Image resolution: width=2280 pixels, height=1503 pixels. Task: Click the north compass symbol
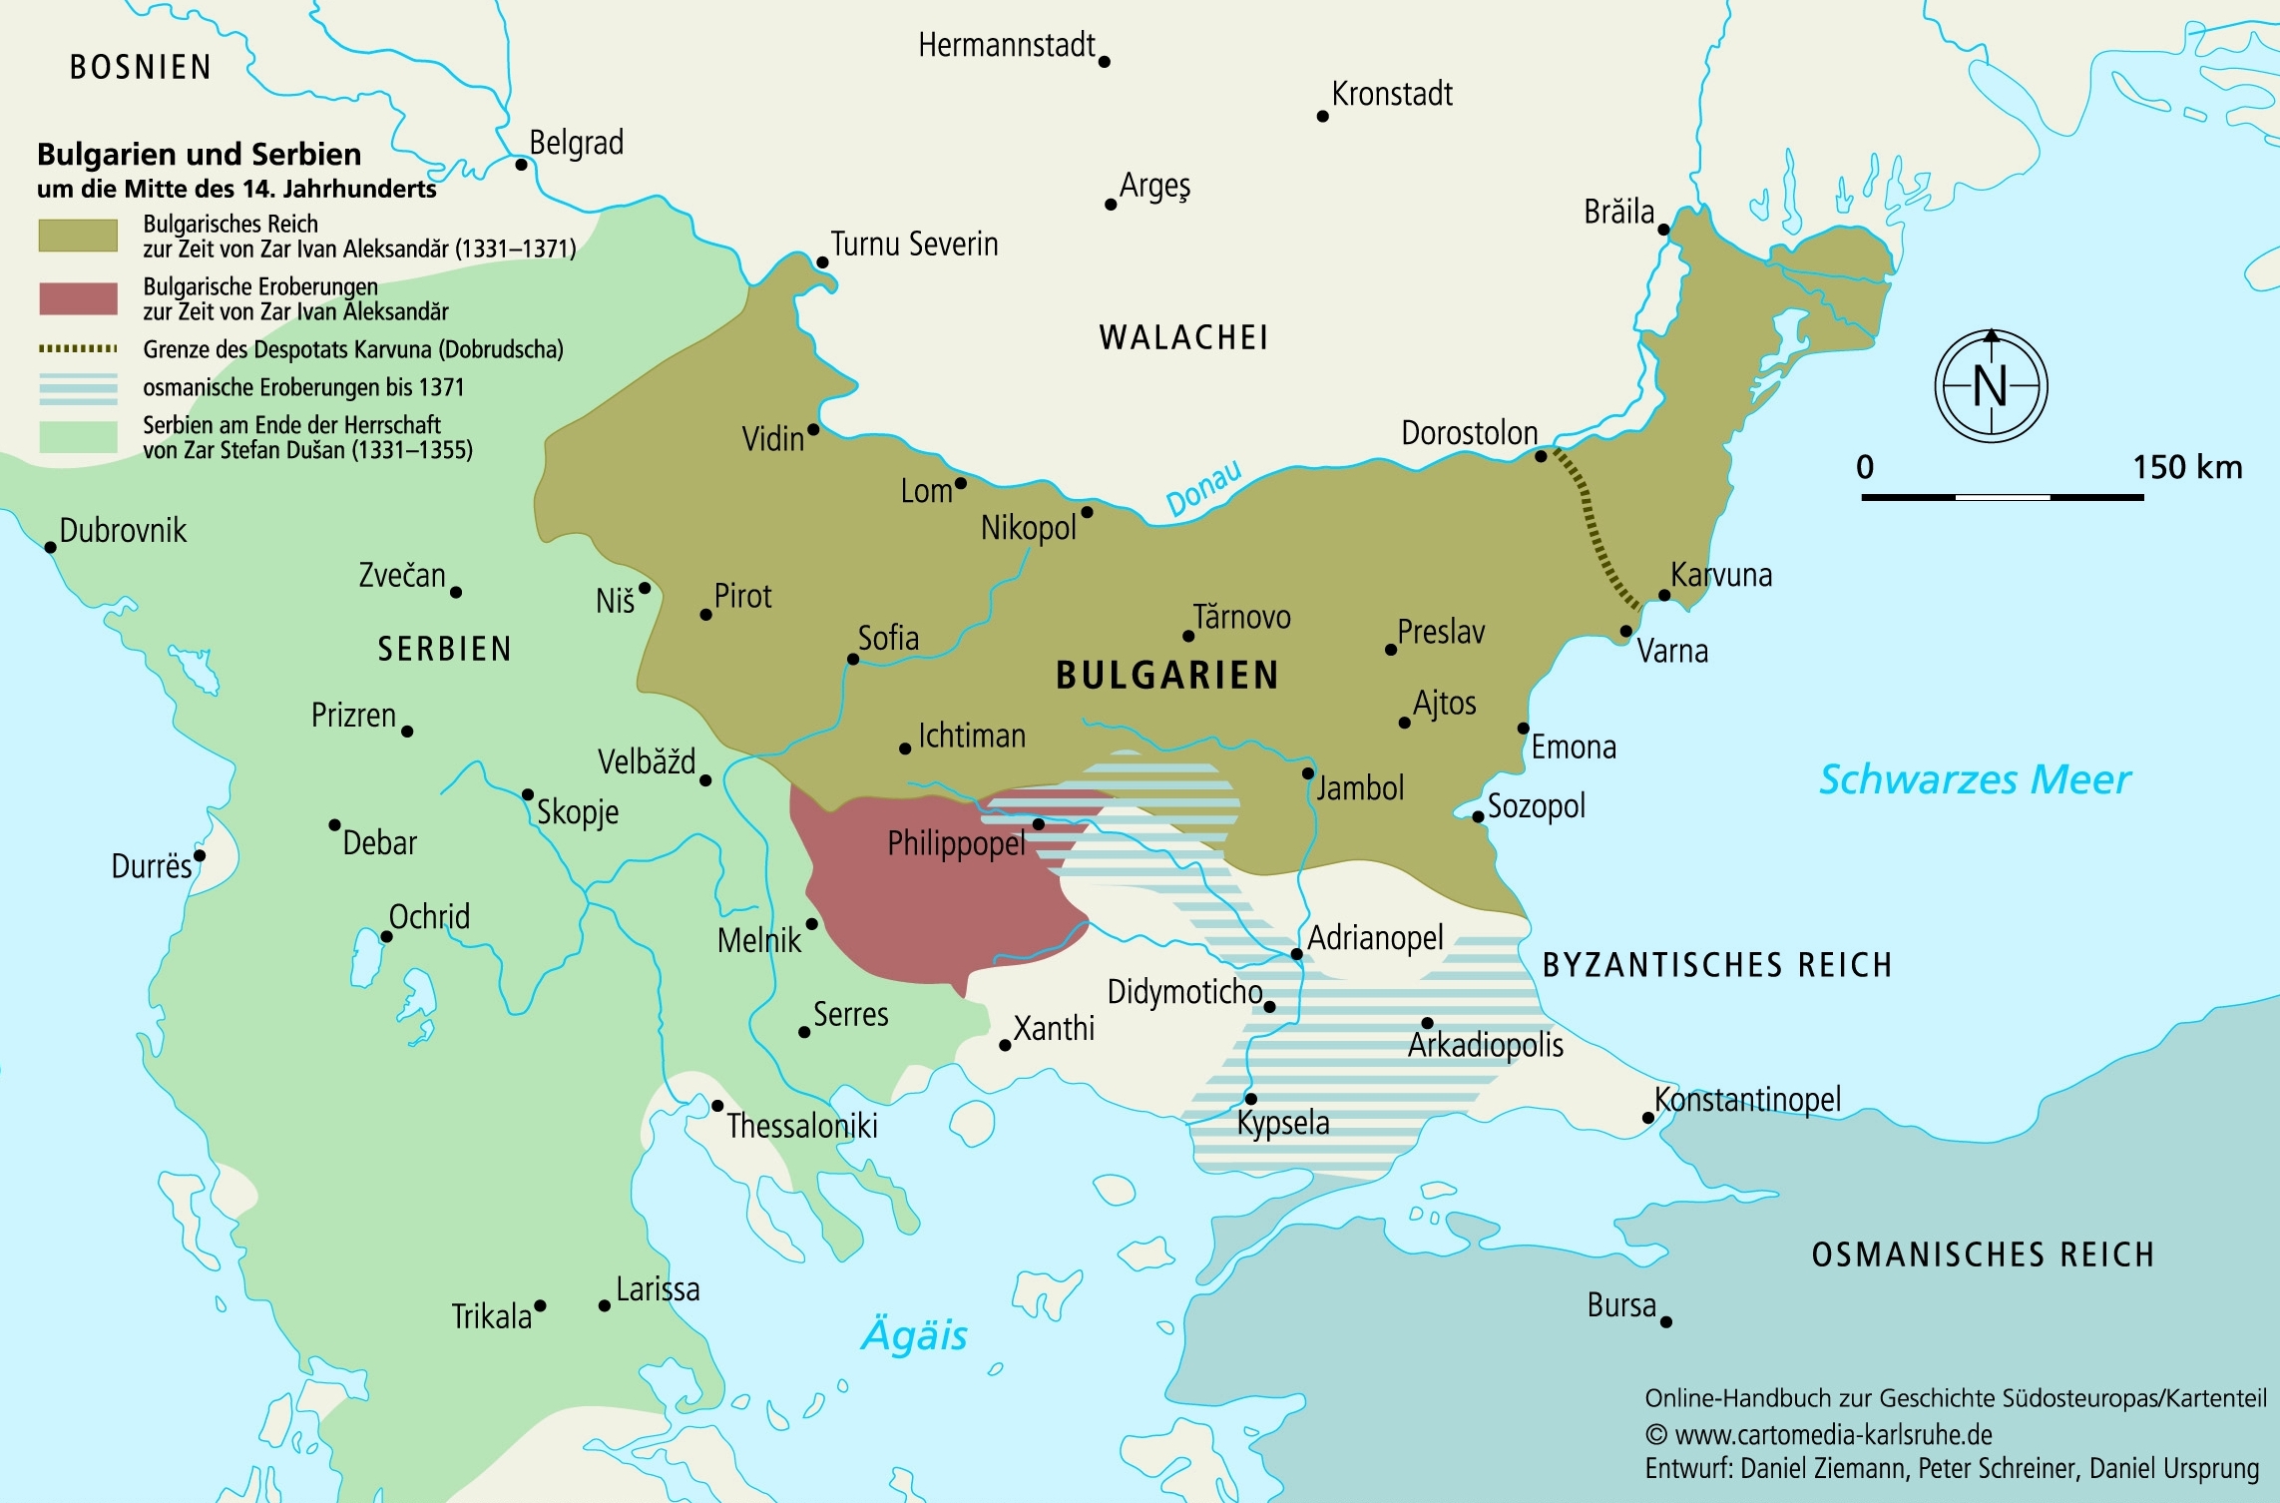pyautogui.click(x=1991, y=386)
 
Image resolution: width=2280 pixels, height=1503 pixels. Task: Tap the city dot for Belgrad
pyautogui.click(x=521, y=165)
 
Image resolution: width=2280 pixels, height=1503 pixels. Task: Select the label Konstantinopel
pyautogui.click(x=1747, y=1099)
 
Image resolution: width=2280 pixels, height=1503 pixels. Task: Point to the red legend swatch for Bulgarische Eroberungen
pyautogui.click(x=78, y=298)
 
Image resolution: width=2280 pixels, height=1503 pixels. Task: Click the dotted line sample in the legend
pyautogui.click(x=78, y=349)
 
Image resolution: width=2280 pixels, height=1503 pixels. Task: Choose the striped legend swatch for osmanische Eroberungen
pyautogui.click(x=78, y=388)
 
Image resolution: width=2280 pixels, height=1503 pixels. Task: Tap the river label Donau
pyautogui.click(x=1204, y=488)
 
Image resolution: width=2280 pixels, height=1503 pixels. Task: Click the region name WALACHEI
pyautogui.click(x=1183, y=337)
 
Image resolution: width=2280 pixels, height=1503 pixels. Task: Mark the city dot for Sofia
pyautogui.click(x=853, y=660)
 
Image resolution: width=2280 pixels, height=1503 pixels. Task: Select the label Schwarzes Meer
pyautogui.click(x=1974, y=779)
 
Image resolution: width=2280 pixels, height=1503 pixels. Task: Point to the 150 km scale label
pyautogui.click(x=2187, y=467)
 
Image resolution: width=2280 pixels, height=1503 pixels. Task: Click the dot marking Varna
pyautogui.click(x=1625, y=631)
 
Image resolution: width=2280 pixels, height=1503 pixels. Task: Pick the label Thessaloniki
pyautogui.click(x=801, y=1126)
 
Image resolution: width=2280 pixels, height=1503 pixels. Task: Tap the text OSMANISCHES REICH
pyautogui.click(x=1983, y=1254)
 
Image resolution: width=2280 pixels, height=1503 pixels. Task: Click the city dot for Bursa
pyautogui.click(x=1665, y=1321)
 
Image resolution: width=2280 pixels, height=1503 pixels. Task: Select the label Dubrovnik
pyautogui.click(x=123, y=530)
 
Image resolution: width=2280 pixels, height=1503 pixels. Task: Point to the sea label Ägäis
pyautogui.click(x=914, y=1335)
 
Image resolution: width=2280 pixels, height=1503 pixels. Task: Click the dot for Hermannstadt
pyautogui.click(x=1104, y=62)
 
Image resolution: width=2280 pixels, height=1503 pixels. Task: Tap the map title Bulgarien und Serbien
pyautogui.click(x=199, y=155)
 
